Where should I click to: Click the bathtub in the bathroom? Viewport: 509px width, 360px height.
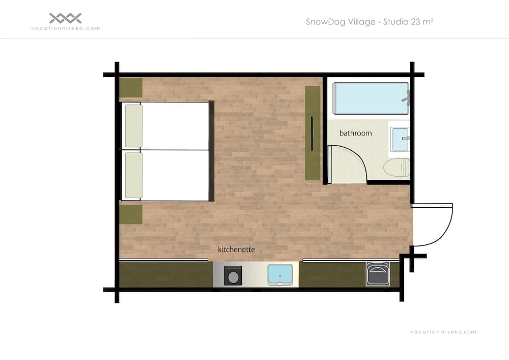tap(371, 98)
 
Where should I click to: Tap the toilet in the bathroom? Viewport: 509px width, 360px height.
tap(397, 168)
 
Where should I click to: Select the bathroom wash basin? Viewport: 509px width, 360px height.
tap(400, 139)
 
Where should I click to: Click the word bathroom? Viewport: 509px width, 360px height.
tap(355, 133)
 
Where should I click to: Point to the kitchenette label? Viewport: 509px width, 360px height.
tap(236, 250)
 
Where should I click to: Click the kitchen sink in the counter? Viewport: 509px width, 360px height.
tap(280, 275)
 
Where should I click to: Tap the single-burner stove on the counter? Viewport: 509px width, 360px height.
tap(233, 276)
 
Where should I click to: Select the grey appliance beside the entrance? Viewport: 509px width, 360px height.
tap(378, 274)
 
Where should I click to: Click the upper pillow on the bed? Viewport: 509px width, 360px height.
tap(134, 126)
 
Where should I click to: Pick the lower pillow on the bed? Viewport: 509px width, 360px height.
tap(134, 175)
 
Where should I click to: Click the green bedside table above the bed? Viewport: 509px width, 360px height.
tap(131, 88)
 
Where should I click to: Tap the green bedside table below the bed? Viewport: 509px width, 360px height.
tap(131, 214)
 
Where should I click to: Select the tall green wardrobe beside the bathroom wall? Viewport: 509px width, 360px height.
tap(313, 133)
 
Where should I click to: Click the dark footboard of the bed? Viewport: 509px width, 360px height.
tap(211, 151)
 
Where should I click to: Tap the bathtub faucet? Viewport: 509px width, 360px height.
tap(407, 97)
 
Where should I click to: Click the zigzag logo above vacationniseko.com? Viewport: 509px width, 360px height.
tap(65, 18)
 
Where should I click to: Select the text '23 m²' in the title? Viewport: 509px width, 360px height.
tap(421, 22)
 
